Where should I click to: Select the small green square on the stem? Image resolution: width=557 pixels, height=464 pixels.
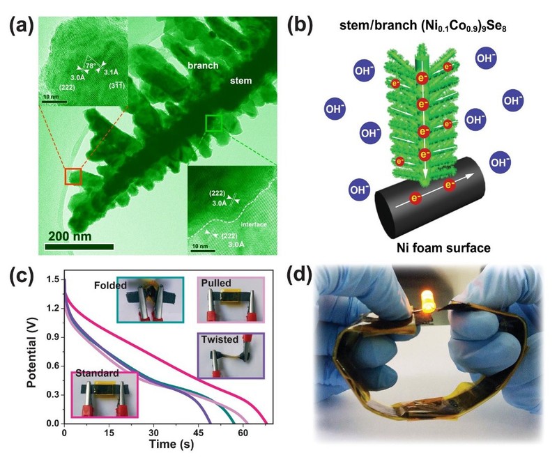[214, 124]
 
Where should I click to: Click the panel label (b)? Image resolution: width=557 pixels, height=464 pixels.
[303, 26]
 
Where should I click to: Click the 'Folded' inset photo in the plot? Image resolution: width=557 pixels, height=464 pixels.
[149, 300]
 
